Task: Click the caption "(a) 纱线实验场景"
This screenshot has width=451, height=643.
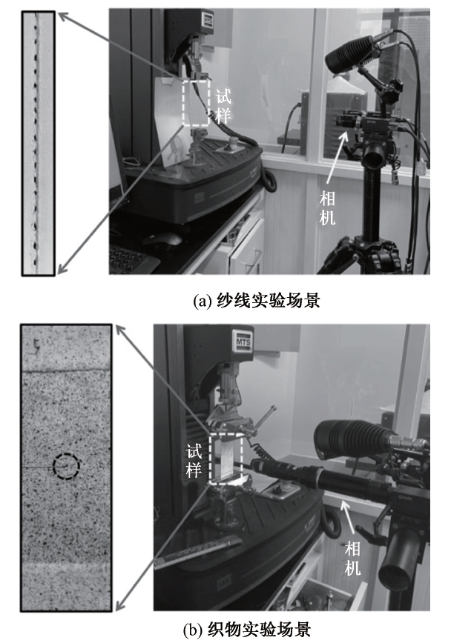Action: pos(257,301)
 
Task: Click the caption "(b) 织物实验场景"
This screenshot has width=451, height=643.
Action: pos(247,630)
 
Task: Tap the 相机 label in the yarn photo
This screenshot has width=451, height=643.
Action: pos(327,208)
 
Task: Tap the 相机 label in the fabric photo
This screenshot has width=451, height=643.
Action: pos(352,558)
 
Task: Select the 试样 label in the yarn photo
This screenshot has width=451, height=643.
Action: pos(223,107)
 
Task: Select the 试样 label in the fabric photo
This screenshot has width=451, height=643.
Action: pos(194,461)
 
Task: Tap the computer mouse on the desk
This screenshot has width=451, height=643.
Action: pos(162,239)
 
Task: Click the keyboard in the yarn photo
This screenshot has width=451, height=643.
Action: pos(131,259)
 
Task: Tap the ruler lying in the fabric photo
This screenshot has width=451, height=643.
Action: pos(198,553)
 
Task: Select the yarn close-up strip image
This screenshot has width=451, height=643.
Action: pos(38,143)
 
